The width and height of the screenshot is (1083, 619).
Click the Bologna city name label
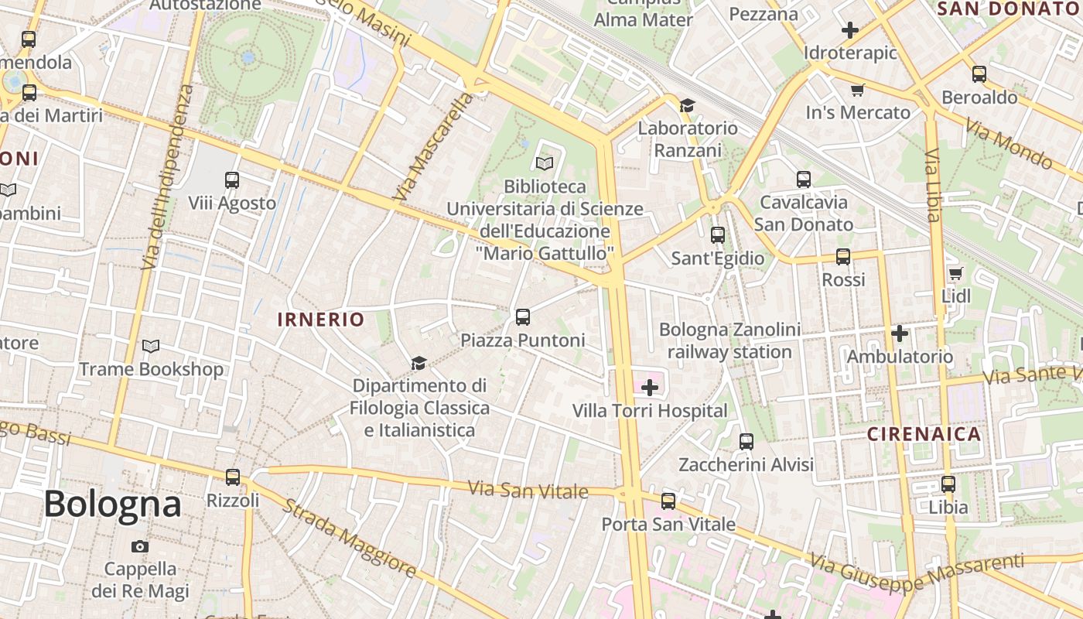[112, 504]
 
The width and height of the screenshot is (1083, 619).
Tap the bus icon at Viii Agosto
[231, 180]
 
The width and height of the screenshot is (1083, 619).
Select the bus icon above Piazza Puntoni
[523, 316]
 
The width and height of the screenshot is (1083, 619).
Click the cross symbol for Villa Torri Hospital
[650, 387]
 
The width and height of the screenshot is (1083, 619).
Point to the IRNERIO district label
[321, 320]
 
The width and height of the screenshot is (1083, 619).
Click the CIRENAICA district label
[924, 434]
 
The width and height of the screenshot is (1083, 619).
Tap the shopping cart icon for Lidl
[955, 273]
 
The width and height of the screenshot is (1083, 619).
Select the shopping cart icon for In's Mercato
[857, 91]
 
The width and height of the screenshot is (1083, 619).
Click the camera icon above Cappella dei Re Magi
[139, 546]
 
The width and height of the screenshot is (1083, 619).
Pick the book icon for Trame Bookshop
[151, 346]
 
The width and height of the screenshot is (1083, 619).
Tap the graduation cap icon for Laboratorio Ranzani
[687, 105]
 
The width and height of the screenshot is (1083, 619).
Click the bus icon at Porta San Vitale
[668, 501]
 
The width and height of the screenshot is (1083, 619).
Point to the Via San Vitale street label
[528, 490]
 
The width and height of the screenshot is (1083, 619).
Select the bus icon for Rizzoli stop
[233, 477]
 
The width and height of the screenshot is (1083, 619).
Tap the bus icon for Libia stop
[948, 484]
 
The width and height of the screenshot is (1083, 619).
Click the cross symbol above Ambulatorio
[899, 333]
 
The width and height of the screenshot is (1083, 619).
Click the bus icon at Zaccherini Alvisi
[746, 441]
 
